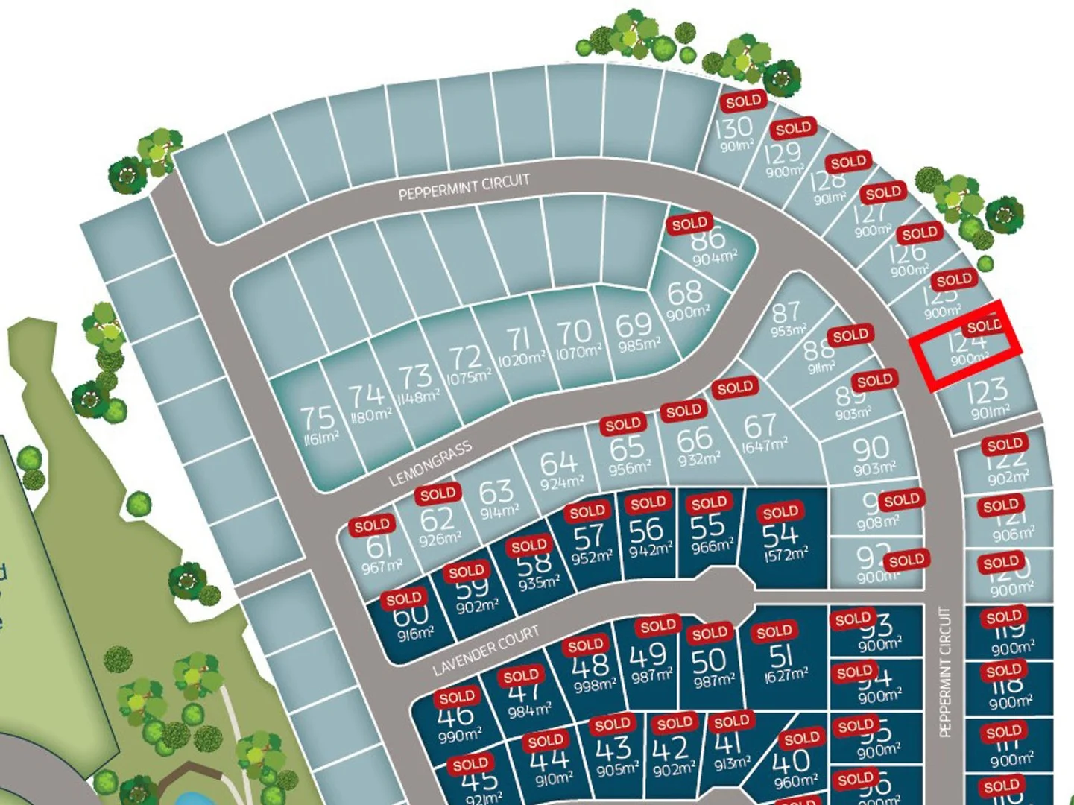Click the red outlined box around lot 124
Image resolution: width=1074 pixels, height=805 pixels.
point(967,346)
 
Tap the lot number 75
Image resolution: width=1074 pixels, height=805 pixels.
point(317,417)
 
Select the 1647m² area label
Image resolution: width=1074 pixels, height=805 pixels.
point(765,446)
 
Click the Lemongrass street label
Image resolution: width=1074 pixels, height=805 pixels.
point(430,463)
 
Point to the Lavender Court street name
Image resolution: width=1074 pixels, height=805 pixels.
point(486,650)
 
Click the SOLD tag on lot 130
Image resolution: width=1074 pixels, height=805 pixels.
point(743,101)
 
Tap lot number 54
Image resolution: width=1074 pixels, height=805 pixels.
point(780,534)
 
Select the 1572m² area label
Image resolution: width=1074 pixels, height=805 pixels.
point(785,555)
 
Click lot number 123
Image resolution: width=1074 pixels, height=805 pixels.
point(987,391)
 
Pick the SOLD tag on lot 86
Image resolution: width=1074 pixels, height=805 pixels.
point(689,224)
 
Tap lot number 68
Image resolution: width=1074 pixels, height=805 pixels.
point(684,291)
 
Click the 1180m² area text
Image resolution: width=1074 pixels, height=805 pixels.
point(370,415)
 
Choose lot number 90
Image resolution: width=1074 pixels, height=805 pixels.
point(871,448)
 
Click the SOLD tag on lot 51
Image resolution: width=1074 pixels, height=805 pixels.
point(774,633)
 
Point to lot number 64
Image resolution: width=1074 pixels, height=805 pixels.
point(558,463)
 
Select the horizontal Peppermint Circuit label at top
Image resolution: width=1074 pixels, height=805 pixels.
point(464,187)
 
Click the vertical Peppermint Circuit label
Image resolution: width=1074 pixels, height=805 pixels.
point(945,672)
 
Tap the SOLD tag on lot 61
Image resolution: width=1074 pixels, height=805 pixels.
point(371,526)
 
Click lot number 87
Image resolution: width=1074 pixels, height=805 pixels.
point(786,311)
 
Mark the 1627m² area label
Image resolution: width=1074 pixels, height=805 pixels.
point(786,675)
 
